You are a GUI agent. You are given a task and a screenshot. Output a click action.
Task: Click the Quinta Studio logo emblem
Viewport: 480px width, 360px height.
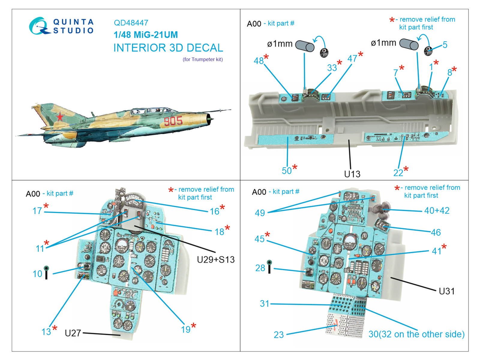point(39,26)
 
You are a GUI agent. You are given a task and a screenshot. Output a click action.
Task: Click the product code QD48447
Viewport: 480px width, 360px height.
point(131,23)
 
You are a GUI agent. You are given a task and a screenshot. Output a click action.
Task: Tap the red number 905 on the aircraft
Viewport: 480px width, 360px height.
point(173,121)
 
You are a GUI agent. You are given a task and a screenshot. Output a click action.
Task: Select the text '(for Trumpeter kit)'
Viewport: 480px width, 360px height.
point(203,59)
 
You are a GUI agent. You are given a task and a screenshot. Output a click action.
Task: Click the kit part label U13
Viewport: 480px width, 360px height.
point(352,174)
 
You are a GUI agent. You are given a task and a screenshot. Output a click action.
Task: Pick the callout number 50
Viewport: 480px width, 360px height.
point(286,171)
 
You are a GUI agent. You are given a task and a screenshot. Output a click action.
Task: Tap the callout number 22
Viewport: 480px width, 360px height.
point(398,173)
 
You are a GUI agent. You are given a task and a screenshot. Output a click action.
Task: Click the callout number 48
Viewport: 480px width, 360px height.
point(258,61)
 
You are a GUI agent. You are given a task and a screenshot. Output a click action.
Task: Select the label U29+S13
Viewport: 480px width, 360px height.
point(216,259)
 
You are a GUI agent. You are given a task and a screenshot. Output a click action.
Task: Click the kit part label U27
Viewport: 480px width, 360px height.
point(73,333)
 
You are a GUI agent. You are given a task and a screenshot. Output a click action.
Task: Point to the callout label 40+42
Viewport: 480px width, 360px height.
point(437,211)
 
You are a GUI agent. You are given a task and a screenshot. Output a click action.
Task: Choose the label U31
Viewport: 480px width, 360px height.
point(446,291)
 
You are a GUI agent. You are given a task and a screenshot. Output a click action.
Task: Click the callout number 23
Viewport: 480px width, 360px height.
point(278,334)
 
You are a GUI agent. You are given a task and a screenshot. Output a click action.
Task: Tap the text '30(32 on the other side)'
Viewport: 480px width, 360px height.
point(416,334)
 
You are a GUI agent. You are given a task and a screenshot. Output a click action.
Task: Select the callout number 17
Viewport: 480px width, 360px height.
point(37,211)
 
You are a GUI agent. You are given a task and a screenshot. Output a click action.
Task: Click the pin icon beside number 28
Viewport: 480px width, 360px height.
point(269,267)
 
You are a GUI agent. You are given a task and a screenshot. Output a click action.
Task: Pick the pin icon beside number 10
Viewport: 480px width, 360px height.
point(46,272)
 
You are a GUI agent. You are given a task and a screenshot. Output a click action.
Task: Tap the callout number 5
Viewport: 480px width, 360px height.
point(445,45)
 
